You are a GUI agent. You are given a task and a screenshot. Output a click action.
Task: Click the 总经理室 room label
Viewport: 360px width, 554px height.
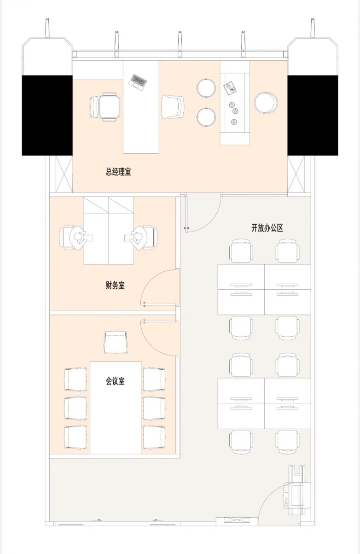118,172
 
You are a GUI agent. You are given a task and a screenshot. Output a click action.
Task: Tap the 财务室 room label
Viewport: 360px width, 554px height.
115,286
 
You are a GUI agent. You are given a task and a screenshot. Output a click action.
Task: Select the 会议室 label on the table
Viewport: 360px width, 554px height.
115,381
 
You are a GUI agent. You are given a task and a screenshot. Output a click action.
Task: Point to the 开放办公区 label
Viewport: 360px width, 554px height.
267,228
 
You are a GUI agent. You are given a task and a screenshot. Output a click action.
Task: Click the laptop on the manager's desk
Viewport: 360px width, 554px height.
138,82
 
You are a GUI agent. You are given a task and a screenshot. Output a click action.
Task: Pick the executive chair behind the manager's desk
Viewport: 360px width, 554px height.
105,107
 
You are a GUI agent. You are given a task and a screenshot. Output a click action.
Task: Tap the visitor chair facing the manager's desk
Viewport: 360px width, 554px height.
173,107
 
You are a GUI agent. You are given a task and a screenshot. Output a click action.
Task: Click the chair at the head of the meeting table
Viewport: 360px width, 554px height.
116,343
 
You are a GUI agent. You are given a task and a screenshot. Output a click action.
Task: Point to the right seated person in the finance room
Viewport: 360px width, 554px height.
139,238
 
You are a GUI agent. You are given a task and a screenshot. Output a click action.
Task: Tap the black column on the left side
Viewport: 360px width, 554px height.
47,115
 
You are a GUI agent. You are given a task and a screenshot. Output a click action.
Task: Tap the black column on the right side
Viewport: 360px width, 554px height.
313,115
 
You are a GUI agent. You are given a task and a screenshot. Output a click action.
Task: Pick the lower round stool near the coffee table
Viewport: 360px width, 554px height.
206,117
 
